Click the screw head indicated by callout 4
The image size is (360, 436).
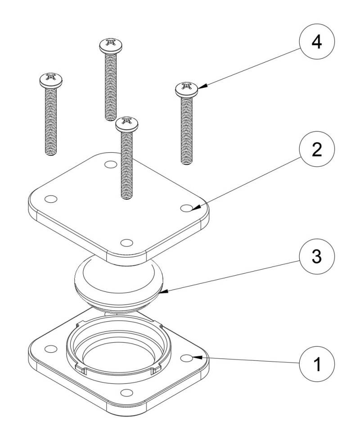(187, 89)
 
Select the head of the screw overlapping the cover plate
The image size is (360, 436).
(126, 123)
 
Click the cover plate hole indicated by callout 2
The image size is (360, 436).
(186, 208)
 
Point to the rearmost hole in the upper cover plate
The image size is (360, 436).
(109, 164)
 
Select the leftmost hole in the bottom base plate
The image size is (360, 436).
(52, 348)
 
